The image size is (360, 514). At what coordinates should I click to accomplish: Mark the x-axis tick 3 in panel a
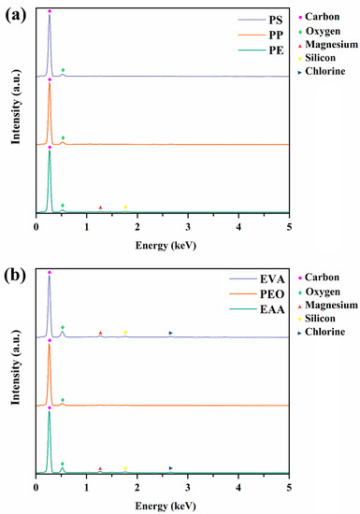[188, 225]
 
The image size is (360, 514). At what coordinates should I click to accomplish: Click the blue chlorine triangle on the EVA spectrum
[170, 333]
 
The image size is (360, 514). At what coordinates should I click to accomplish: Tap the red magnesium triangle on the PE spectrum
[100, 207]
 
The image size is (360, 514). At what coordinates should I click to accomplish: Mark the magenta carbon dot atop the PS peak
[50, 10]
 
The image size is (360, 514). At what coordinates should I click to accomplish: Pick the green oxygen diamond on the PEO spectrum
[63, 400]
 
